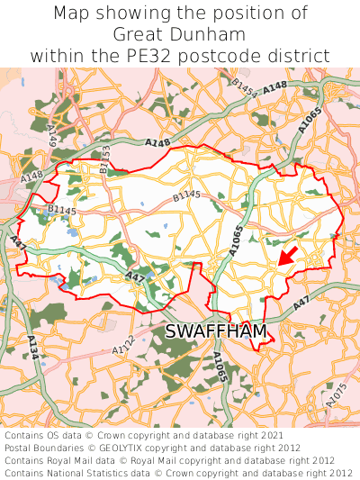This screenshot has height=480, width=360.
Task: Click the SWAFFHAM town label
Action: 216,332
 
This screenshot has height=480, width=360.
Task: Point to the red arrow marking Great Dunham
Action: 287,257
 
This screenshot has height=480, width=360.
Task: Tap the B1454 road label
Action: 245,87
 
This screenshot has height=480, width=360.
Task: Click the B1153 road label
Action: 105,158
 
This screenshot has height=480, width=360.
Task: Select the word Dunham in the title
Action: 211,34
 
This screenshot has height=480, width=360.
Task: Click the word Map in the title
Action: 73,14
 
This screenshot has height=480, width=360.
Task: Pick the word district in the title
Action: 301,56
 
